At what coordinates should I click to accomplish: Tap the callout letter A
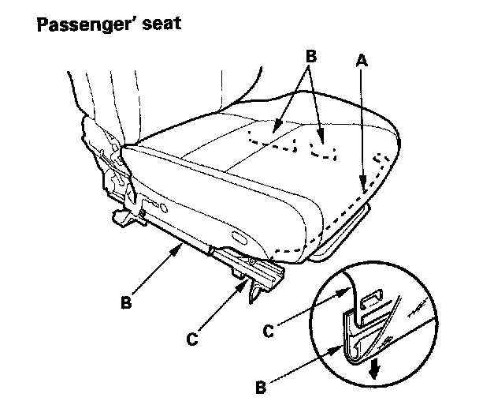[x=361, y=59]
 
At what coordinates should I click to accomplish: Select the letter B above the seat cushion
[x=310, y=56]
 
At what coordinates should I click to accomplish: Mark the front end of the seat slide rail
[x=275, y=273]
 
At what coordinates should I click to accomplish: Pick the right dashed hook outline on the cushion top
[x=323, y=151]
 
